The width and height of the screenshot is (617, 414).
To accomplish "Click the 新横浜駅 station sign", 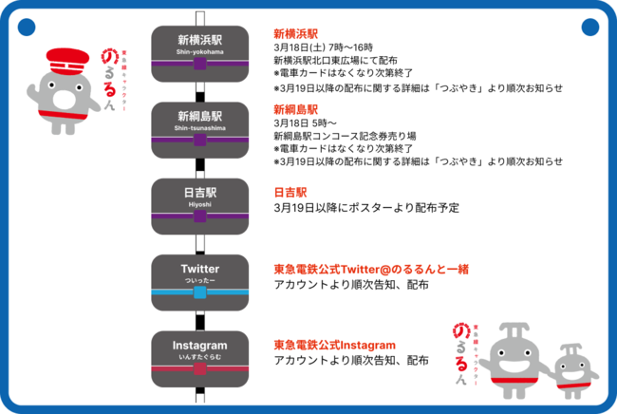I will click(199, 48).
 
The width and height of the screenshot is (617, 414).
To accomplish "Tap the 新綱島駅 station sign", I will click(199, 124).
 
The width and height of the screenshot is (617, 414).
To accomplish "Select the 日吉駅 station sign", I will click(199, 200).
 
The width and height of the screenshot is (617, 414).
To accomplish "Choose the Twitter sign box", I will click(199, 277).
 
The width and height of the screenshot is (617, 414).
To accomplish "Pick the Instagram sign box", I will click(199, 353).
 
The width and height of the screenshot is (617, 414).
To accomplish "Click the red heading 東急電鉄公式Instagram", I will click(333, 344).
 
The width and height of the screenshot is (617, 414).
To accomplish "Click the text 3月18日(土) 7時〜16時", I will click(323, 47).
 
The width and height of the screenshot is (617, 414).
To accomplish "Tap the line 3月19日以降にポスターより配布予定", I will click(365, 208).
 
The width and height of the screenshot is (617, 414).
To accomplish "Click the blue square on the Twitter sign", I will click(199, 292).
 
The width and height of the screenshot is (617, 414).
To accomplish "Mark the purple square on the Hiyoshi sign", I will click(199, 216).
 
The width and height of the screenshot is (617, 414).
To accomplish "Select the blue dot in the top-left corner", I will click(26, 26).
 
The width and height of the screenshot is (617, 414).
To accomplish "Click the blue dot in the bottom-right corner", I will click(590, 389).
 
